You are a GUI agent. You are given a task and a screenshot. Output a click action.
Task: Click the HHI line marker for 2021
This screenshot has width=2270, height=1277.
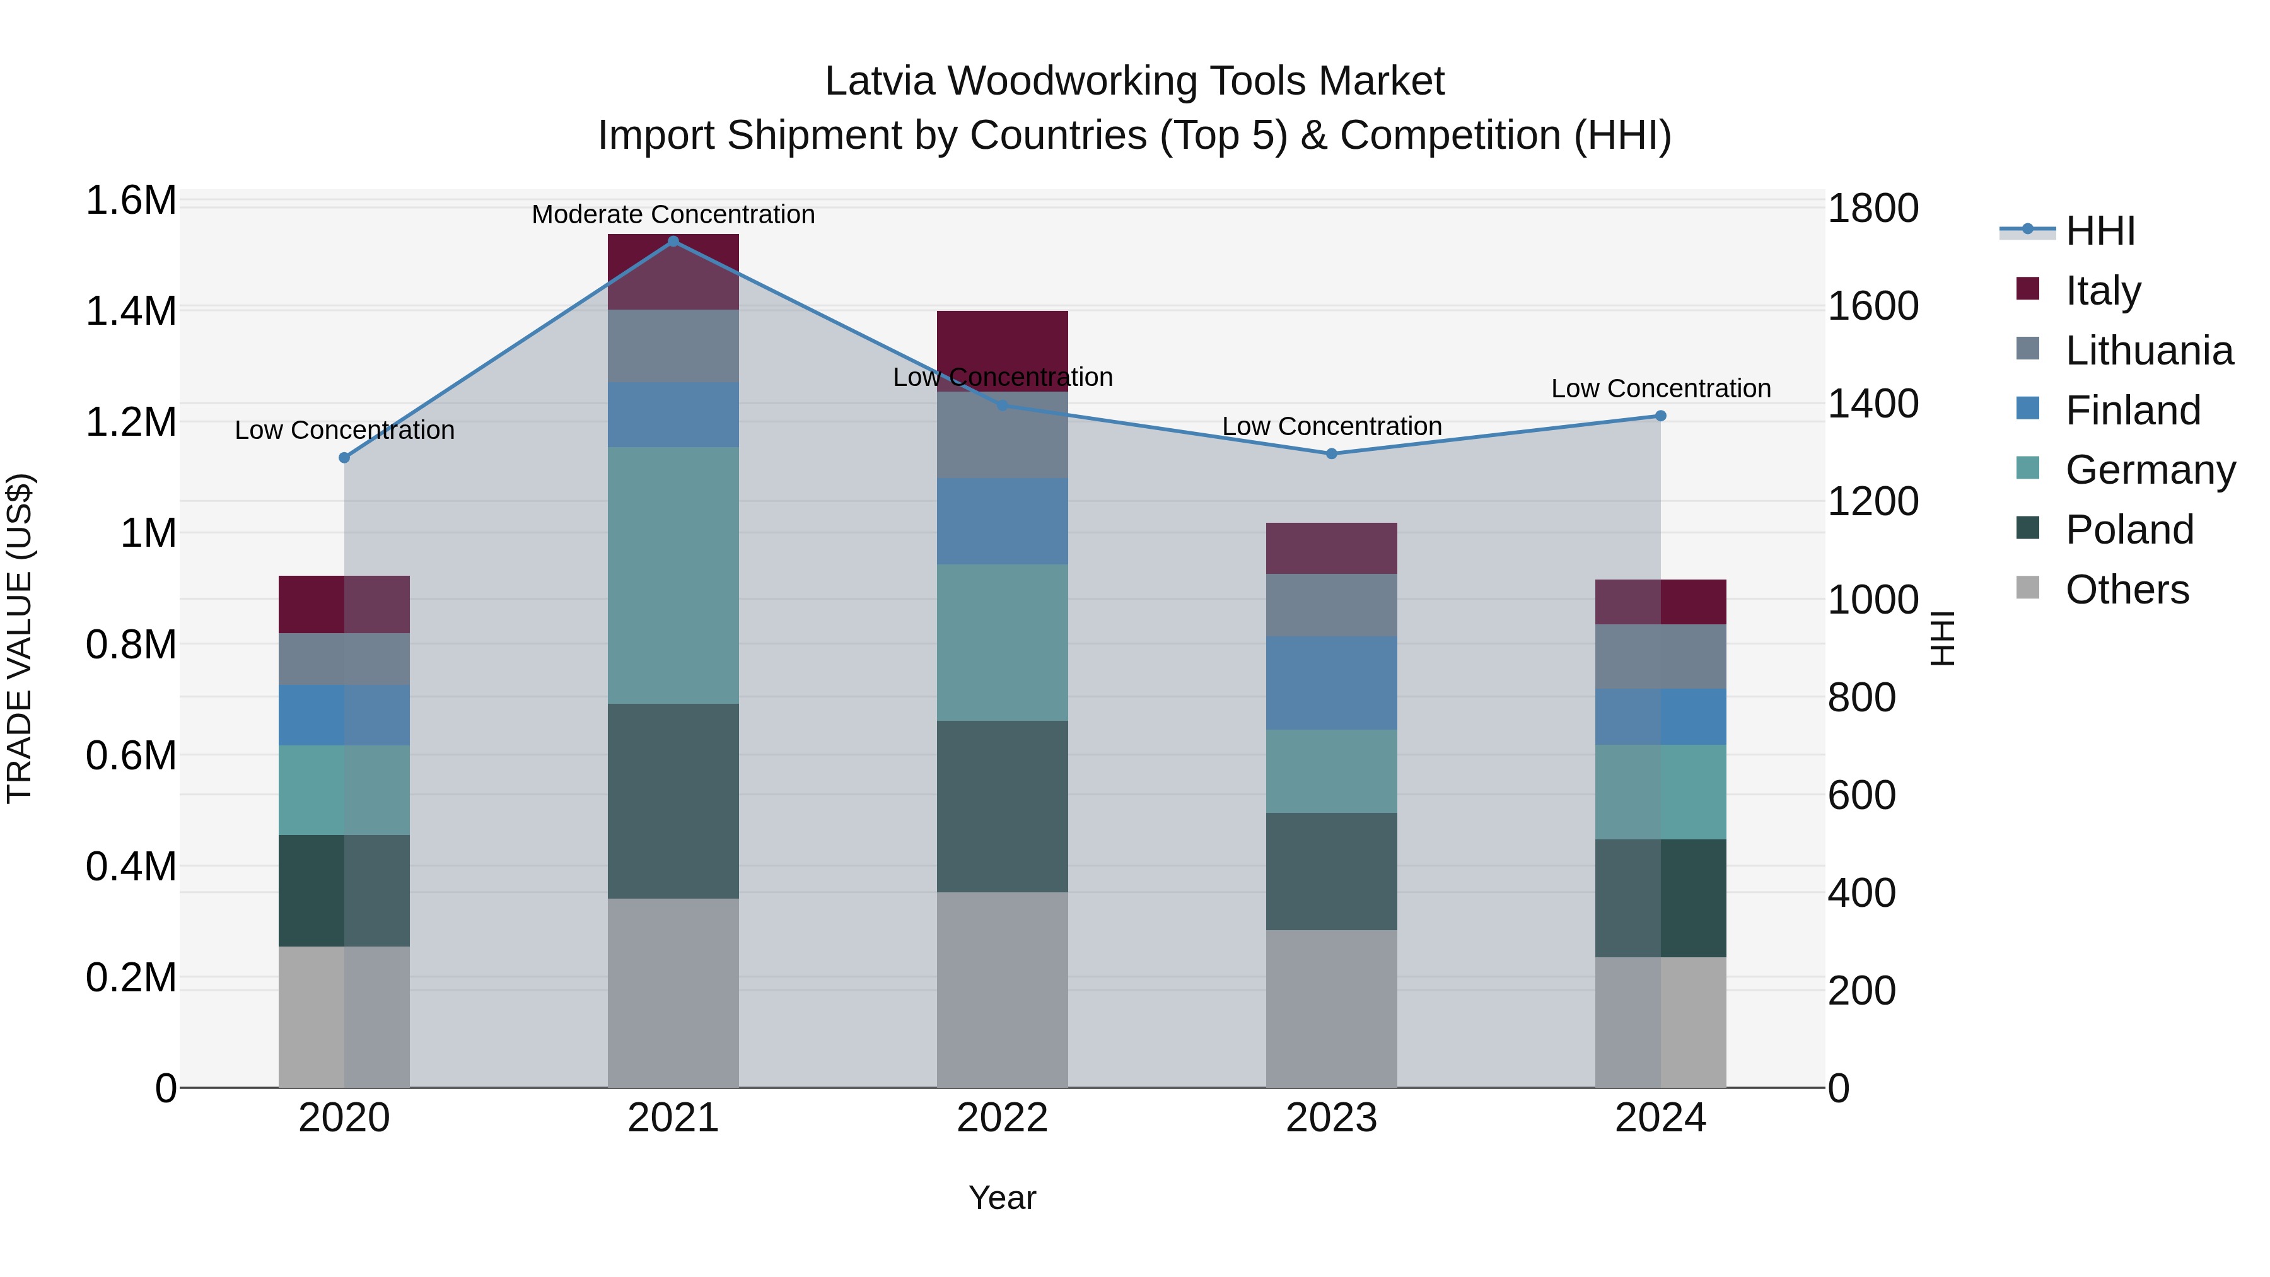pyautogui.click(x=673, y=242)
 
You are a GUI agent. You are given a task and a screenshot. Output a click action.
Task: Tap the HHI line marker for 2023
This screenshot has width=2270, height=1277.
pyautogui.click(x=1332, y=454)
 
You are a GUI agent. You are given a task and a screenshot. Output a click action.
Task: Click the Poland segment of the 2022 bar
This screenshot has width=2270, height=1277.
pyautogui.click(x=1002, y=807)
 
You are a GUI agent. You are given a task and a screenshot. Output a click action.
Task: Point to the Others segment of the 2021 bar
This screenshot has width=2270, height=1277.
pyautogui.click(x=673, y=993)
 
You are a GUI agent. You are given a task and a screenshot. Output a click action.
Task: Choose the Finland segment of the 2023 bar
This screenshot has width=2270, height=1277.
pyautogui.click(x=1332, y=683)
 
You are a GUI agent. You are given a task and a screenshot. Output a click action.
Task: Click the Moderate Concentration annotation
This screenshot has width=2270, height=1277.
pyautogui.click(x=673, y=214)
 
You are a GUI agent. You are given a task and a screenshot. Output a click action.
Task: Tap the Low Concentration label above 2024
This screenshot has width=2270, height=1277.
pyautogui.click(x=1660, y=388)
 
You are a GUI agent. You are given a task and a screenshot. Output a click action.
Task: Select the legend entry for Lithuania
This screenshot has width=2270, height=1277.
pyautogui.click(x=2148, y=351)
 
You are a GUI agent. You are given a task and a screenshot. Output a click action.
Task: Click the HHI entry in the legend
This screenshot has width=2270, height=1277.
pyautogui.click(x=2100, y=231)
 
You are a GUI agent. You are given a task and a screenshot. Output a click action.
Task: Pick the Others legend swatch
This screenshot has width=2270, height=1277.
pyautogui.click(x=2027, y=588)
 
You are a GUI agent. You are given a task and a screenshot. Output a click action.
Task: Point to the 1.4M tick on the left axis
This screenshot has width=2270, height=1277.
pyautogui.click(x=131, y=311)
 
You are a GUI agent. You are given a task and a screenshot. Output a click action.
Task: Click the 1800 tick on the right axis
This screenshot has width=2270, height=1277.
pyautogui.click(x=1873, y=209)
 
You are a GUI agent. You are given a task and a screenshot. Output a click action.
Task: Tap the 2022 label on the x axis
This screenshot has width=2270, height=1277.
pyautogui.click(x=1002, y=1118)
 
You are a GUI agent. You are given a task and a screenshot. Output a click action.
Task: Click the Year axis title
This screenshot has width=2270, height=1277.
pyautogui.click(x=1002, y=1198)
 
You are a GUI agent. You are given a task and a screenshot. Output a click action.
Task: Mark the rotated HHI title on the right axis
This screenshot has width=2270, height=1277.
pyautogui.click(x=1941, y=638)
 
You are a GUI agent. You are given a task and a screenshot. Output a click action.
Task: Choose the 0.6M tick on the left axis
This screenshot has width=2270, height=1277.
pyautogui.click(x=131, y=755)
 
